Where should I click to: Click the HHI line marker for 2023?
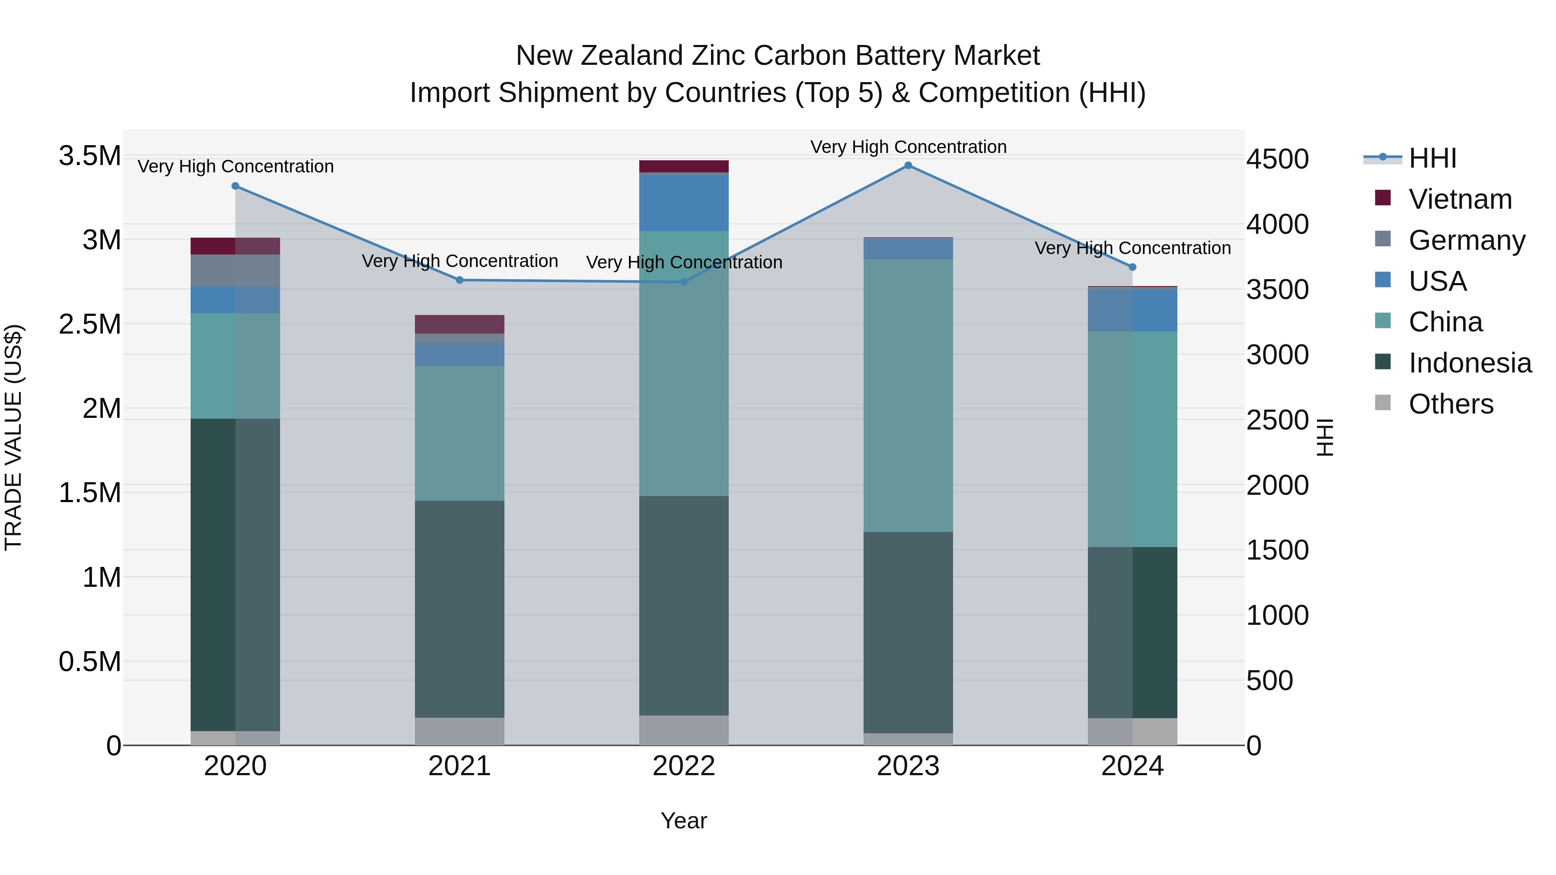click(x=908, y=165)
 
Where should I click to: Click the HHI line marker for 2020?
click(x=236, y=186)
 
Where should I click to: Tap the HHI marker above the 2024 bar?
click(x=1132, y=267)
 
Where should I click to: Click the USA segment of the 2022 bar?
click(x=684, y=203)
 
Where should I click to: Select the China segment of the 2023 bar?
click(x=908, y=395)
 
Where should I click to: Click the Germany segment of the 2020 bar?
click(x=236, y=270)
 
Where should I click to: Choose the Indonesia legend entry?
click(x=1469, y=363)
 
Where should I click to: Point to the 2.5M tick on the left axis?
click(x=89, y=324)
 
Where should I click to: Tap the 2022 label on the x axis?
click(x=684, y=766)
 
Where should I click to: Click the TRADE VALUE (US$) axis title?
click(x=13, y=437)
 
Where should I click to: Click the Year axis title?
click(x=684, y=821)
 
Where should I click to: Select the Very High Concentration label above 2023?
click(x=908, y=147)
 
